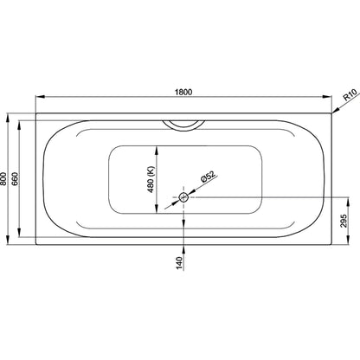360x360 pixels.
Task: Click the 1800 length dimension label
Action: click(x=183, y=92)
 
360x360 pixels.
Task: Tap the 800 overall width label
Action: click(x=3, y=179)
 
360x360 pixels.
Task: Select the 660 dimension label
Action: click(x=16, y=179)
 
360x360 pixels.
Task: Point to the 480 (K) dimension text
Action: click(x=151, y=179)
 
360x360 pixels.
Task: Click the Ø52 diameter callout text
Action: click(x=209, y=177)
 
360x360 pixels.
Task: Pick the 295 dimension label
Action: click(x=344, y=221)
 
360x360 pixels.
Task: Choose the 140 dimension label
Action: click(x=179, y=263)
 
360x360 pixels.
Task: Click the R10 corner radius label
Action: click(x=350, y=94)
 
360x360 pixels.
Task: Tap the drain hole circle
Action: click(x=183, y=197)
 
